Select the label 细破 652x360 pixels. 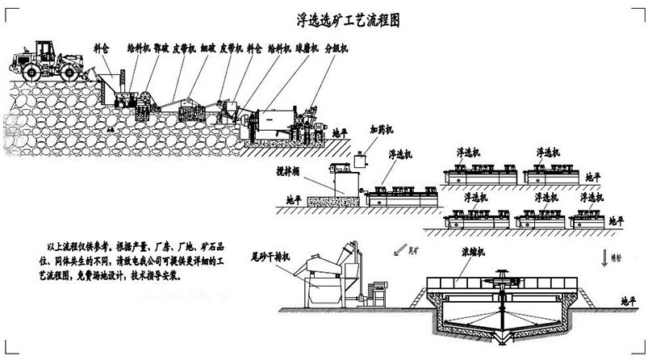(x=208, y=49)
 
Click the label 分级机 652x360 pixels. (x=336, y=49)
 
